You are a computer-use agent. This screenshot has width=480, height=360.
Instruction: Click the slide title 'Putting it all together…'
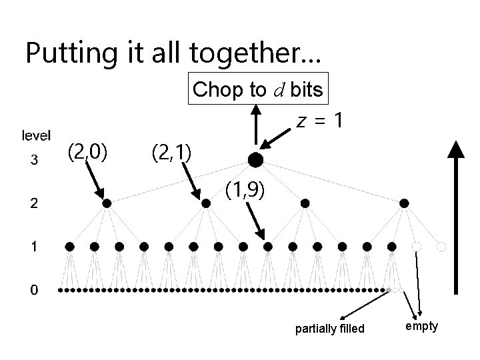point(173,53)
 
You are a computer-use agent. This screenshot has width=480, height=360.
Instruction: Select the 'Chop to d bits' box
point(259,90)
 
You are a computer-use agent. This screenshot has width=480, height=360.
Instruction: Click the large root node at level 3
point(255,160)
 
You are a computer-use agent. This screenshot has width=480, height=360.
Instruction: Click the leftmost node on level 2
point(107,203)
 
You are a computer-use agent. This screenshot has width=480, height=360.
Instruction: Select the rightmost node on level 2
point(404,203)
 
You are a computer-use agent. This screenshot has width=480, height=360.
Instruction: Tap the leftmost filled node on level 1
point(70,247)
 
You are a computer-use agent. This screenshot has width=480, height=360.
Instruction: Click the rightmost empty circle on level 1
point(440,247)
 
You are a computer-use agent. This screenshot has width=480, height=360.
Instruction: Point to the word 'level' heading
point(36,136)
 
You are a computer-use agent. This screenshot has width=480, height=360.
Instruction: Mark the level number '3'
point(34,160)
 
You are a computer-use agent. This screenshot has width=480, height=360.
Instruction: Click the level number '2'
point(34,203)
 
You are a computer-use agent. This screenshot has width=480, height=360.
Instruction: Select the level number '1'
point(34,247)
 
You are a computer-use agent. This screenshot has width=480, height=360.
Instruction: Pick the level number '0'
point(34,291)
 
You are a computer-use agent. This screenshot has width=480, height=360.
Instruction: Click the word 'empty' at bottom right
point(421,326)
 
